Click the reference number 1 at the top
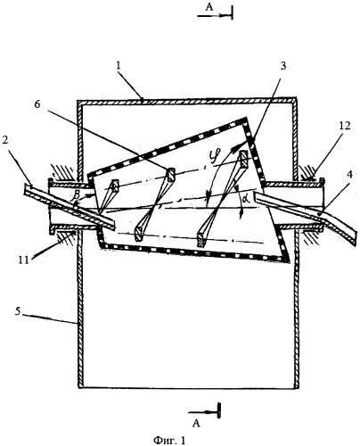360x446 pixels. pos(119,66)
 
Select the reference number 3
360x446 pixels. pos(282,66)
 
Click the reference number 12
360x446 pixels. pos(344,126)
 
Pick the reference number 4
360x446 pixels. pos(349,175)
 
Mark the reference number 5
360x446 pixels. pos(19,311)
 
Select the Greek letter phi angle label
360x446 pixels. pos(212,155)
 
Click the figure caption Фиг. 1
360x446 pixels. pos(169,440)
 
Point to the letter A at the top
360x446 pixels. pos(209,7)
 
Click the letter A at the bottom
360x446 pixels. pos(196,423)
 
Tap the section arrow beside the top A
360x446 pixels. pos(215,15)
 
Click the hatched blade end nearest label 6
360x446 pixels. pos(171,175)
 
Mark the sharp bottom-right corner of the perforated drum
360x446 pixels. pos(288,260)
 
